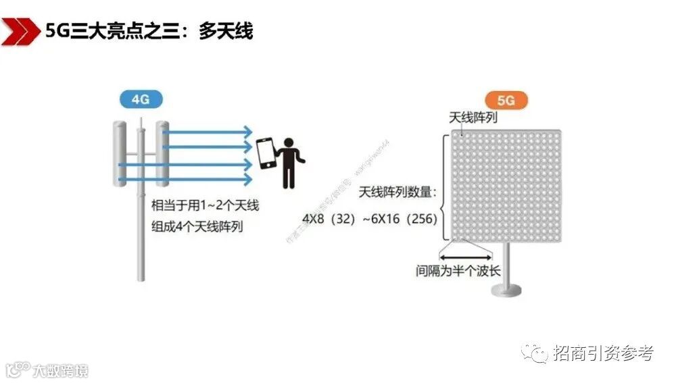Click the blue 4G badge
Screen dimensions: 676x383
(141, 99)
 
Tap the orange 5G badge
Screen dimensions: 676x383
(506, 100)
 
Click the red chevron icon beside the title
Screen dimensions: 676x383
(20, 30)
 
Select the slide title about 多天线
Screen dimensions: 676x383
(149, 31)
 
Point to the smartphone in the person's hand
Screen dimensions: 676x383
(264, 155)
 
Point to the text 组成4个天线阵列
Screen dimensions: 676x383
(197, 226)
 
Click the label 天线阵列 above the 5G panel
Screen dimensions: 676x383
(473, 118)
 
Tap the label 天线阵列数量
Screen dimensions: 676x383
(398, 193)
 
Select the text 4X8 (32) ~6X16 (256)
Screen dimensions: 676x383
(369, 220)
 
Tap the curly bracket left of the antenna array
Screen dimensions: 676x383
(445, 187)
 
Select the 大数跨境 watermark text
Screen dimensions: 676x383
(61, 370)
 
